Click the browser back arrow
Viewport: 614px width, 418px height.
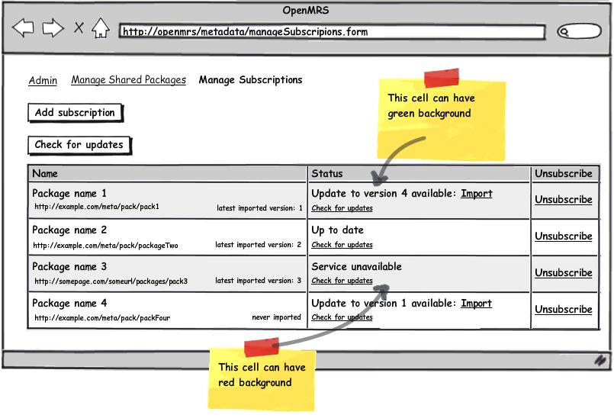pos(23,27)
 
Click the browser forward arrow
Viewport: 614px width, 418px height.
pos(53,27)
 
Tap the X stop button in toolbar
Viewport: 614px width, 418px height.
pos(79,27)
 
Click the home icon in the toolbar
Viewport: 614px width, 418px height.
pos(101,27)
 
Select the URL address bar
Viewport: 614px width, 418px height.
pos(332,32)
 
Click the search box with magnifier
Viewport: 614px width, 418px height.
pos(579,31)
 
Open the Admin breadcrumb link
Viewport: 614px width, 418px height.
pos(43,80)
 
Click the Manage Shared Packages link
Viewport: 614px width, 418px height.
pos(128,80)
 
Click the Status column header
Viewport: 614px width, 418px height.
pos(327,174)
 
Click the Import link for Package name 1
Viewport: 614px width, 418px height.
pos(477,194)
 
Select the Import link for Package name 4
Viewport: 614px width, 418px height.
pos(476,304)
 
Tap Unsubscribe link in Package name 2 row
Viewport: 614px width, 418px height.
pos(564,236)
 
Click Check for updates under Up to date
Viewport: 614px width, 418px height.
pos(342,245)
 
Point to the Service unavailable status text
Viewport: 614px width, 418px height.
pos(356,266)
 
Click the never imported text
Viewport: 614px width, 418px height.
pos(276,317)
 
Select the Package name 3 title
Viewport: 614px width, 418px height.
pos(69,267)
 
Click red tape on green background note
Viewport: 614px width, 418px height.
pos(442,78)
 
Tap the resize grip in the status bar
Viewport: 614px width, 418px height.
pos(600,360)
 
